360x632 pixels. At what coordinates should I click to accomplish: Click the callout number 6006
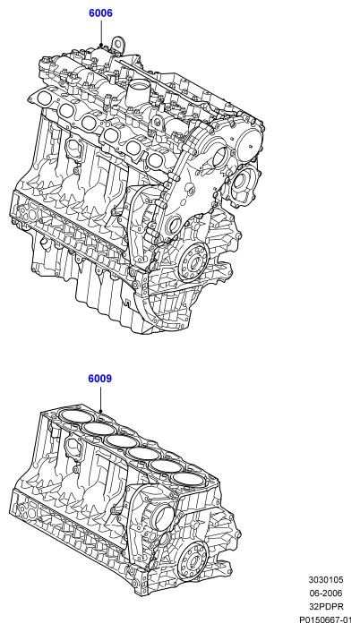coord(101,13)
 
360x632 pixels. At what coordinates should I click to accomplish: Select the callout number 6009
coord(100,379)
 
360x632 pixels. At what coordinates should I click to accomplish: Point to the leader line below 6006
coord(101,32)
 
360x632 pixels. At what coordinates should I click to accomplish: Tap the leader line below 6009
coord(101,398)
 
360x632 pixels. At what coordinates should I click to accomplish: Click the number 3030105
coord(326,580)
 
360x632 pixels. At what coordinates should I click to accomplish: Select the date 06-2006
coord(326,594)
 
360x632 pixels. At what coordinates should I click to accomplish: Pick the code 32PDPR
coord(326,607)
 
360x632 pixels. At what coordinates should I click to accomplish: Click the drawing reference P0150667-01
coord(326,619)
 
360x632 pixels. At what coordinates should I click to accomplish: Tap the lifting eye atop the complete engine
coord(117,45)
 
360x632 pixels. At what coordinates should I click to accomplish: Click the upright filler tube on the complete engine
coord(135,93)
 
